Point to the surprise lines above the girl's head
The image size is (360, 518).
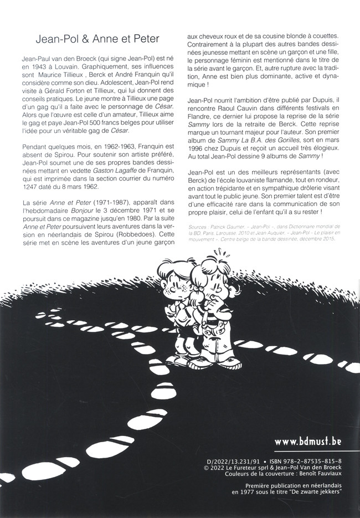pyautogui.click(x=220, y=254)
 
